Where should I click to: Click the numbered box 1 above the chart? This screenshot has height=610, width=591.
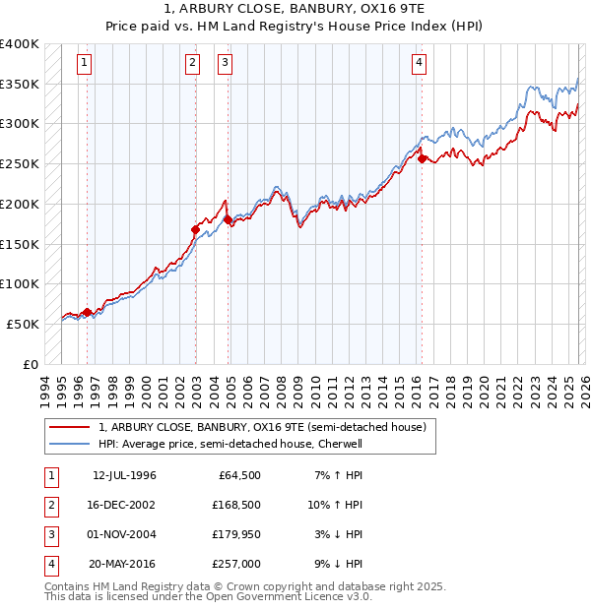point(86,64)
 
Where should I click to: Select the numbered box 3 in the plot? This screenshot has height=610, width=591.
point(226,64)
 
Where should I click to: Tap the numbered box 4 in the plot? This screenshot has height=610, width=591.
point(419,64)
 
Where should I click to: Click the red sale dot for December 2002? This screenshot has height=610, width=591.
point(195,229)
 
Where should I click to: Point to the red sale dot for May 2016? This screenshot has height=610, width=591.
point(422,158)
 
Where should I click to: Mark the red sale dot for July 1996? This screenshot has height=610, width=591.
point(87,313)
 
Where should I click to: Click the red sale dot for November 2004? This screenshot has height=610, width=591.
point(228,220)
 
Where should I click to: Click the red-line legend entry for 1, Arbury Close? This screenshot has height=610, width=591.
point(261,427)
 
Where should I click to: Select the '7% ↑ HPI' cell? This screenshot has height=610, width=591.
point(337,475)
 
